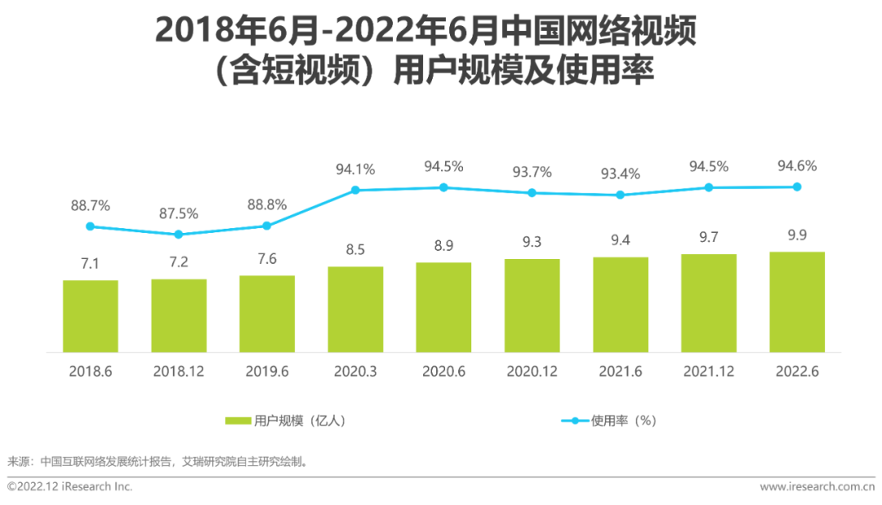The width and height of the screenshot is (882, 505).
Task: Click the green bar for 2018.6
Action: (x=91, y=316)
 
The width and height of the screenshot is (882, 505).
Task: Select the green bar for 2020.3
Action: (x=355, y=309)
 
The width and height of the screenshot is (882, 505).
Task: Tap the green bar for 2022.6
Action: (x=797, y=302)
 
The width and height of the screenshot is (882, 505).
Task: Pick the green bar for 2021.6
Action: (x=621, y=305)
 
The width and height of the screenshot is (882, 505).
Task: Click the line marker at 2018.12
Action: (x=179, y=235)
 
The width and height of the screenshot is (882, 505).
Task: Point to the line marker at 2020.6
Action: (x=443, y=187)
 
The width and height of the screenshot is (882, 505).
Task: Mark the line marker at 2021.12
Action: (x=709, y=187)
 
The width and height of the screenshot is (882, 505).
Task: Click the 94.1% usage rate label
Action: (x=355, y=170)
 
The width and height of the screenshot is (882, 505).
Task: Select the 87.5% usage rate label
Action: (x=179, y=213)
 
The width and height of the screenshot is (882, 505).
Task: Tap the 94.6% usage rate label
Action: (x=797, y=166)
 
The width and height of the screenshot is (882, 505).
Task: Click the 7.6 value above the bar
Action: (x=267, y=259)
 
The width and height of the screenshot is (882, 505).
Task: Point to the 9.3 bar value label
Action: (x=532, y=243)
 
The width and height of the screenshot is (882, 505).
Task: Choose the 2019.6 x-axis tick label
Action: (x=267, y=371)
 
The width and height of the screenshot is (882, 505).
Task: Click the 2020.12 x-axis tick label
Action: (x=532, y=371)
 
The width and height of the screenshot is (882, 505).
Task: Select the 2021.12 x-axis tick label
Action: (x=709, y=371)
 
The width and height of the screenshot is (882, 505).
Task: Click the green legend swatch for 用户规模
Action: (x=238, y=421)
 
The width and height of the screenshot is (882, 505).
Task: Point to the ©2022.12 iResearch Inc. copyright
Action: (x=69, y=487)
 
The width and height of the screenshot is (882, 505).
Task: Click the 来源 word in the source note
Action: (x=18, y=461)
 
